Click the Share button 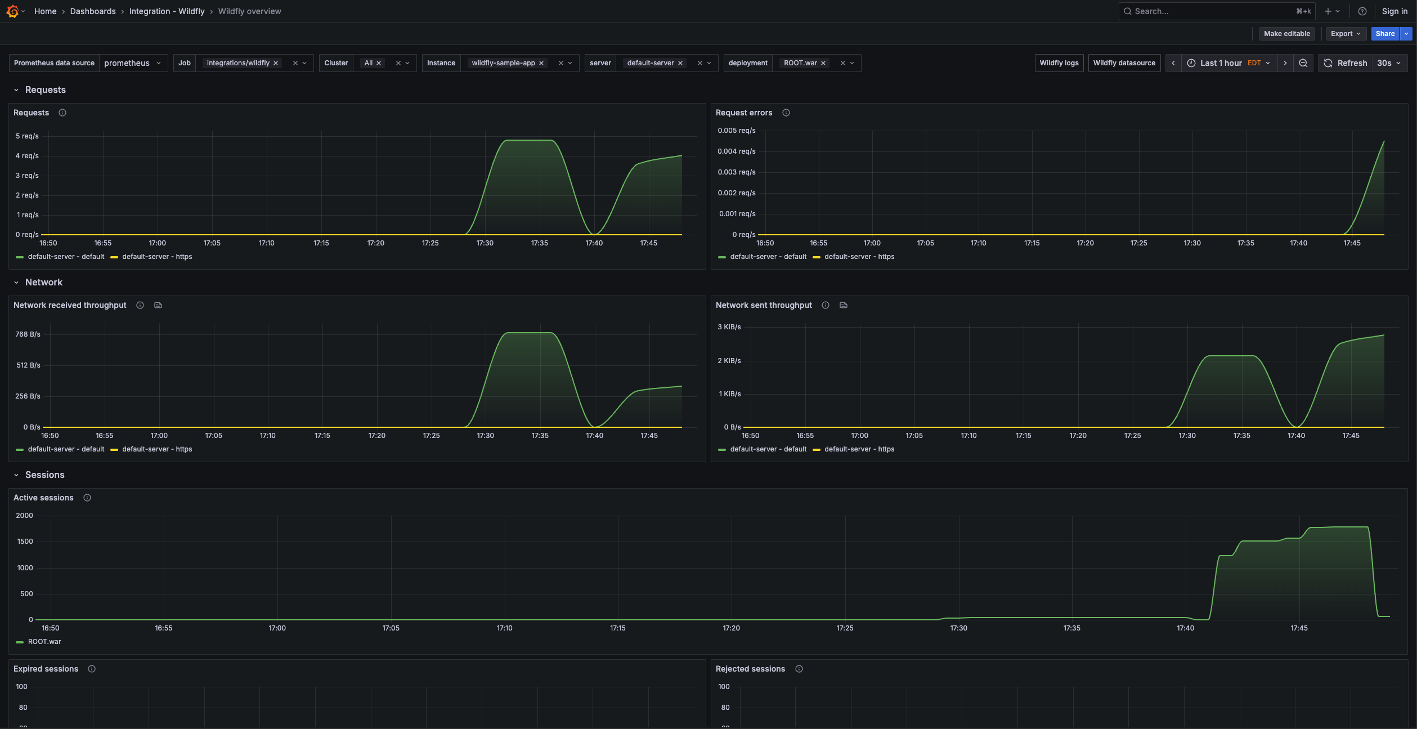tap(1384, 34)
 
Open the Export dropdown tap(1346, 34)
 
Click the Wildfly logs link tap(1059, 63)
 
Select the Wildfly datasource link tap(1124, 63)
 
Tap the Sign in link tap(1394, 11)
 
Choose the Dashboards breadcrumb tap(93, 11)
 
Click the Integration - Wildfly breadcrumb tap(167, 11)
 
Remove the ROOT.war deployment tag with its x tap(823, 63)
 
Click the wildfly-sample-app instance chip tap(503, 63)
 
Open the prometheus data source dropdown tap(133, 63)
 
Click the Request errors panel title tap(743, 113)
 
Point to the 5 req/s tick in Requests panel tap(27, 136)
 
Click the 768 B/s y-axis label tap(28, 334)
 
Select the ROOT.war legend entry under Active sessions tap(44, 642)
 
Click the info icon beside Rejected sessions tap(799, 669)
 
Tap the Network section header tap(44, 283)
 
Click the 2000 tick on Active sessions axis tap(24, 516)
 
